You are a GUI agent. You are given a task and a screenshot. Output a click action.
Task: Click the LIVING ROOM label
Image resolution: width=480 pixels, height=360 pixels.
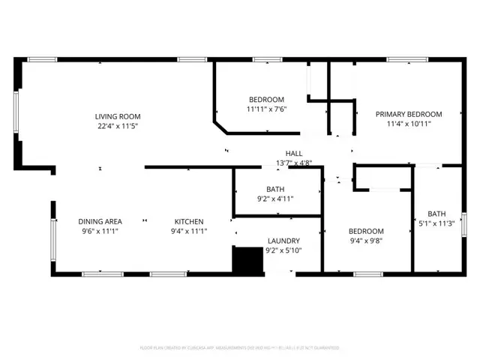(118, 116)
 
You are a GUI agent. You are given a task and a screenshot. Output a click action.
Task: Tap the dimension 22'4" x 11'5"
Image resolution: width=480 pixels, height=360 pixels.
(118, 126)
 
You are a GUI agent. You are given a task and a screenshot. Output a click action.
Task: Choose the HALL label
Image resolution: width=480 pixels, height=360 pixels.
(293, 153)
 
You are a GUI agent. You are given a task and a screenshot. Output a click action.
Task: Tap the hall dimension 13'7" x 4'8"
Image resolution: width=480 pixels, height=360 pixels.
(293, 163)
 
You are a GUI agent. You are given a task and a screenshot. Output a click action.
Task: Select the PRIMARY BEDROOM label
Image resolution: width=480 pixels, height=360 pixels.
(409, 114)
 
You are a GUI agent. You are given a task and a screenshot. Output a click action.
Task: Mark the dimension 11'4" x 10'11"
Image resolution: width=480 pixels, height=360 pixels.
(409, 124)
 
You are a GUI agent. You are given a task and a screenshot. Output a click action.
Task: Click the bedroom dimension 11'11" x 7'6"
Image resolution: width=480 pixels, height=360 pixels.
(266, 109)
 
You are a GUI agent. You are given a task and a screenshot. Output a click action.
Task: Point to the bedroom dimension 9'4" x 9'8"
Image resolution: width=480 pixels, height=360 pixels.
(366, 241)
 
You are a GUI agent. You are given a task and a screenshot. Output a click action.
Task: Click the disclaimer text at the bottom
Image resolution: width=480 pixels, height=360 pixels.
(240, 348)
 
